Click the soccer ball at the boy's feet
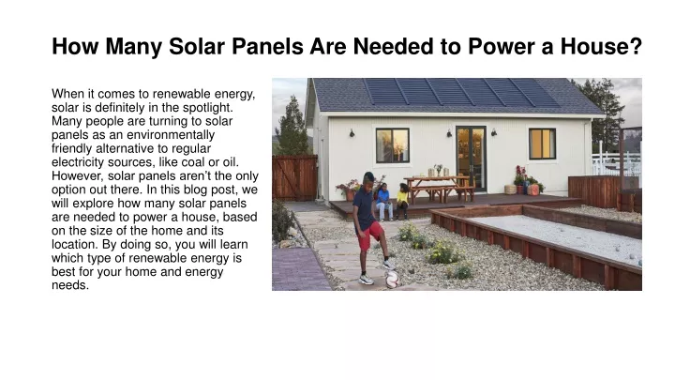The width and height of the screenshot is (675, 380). pyautogui.click(x=392, y=280)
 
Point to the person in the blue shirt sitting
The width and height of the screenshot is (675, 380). pyautogui.click(x=383, y=202)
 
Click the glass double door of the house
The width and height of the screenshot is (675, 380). pyautogui.click(x=471, y=159)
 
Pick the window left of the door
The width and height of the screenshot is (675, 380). pyautogui.click(x=392, y=145)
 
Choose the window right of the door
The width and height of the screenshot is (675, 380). pyautogui.click(x=542, y=144)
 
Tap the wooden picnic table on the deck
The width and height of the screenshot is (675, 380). pyautogui.click(x=439, y=189)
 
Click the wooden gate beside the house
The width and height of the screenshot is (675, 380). pyautogui.click(x=295, y=178)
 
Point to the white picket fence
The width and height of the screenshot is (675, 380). pyautogui.click(x=616, y=161)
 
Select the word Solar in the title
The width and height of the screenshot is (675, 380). pyautogui.click(x=196, y=46)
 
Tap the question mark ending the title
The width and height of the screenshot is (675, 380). pyautogui.click(x=636, y=46)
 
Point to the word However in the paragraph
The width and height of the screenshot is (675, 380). pyautogui.click(x=78, y=176)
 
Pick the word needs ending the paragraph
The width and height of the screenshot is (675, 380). pyautogui.click(x=70, y=285)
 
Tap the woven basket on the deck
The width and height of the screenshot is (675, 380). pyautogui.click(x=510, y=190)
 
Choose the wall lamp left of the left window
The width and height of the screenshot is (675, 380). pyautogui.click(x=352, y=133)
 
